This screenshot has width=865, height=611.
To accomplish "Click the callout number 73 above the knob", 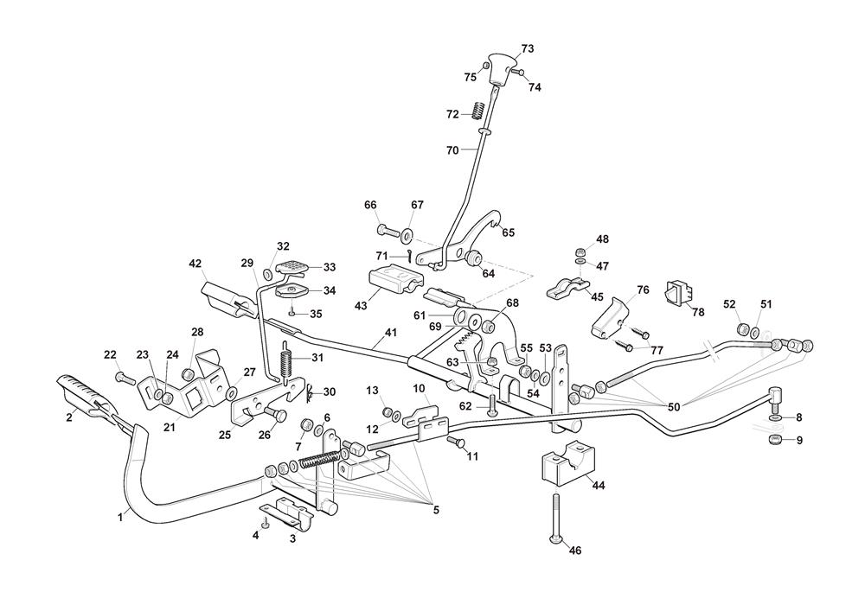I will point(528,49).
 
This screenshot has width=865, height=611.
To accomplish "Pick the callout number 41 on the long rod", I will point(390,332).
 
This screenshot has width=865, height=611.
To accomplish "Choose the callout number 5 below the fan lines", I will point(436,510).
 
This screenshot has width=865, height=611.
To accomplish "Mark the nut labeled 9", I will point(775,442).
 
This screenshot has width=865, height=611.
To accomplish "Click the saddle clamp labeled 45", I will point(568,288).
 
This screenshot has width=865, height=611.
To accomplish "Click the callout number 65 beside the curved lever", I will point(508,232).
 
